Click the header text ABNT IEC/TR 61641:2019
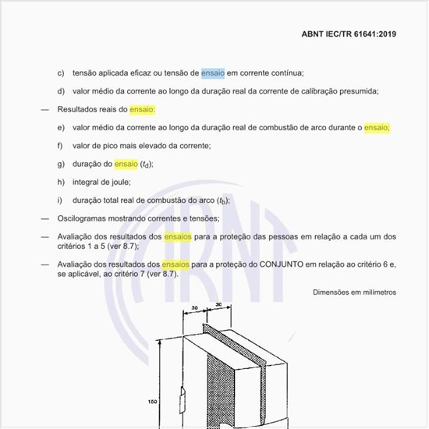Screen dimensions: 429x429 348,34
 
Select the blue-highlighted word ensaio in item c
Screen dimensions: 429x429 212,73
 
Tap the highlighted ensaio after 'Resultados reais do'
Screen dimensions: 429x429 143,109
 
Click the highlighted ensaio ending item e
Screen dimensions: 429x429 377,127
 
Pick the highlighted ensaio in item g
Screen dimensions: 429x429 126,164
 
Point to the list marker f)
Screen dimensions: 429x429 60,146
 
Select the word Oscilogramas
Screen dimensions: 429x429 83,218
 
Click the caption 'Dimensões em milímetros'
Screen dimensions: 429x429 354,292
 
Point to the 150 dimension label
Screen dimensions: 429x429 153,402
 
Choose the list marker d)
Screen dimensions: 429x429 60,91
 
